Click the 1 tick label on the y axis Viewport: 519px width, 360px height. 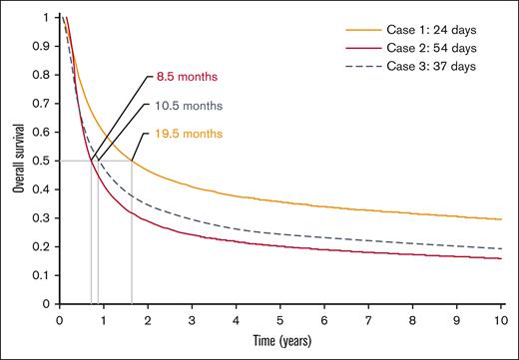click(46, 18)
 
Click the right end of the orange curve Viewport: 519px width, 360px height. click(499, 219)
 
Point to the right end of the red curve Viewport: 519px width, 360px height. click(499, 259)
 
